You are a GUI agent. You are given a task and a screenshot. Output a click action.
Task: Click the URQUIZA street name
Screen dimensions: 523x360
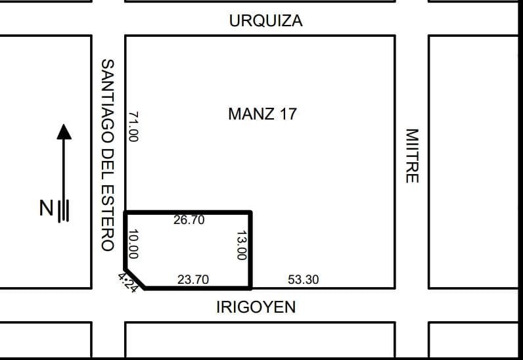pyautogui.click(x=266, y=20)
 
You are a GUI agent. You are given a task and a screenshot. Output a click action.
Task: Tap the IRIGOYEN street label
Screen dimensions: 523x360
pyautogui.click(x=256, y=307)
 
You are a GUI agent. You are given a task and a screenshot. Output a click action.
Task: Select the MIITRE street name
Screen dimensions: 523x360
pyautogui.click(x=412, y=156)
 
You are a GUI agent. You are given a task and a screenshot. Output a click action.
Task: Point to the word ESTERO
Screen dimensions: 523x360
pyautogui.click(x=108, y=221)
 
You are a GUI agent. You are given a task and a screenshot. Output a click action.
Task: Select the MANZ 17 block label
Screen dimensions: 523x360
pyautogui.click(x=263, y=114)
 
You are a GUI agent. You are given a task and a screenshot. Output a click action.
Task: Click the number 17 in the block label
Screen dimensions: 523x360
pyautogui.click(x=288, y=114)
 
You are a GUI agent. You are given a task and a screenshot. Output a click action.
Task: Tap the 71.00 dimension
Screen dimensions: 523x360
pyautogui.click(x=133, y=126)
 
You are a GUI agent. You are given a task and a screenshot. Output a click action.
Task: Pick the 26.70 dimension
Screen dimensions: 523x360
pyautogui.click(x=189, y=220)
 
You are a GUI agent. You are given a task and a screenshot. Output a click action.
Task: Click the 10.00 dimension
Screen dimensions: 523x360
pyautogui.click(x=133, y=244)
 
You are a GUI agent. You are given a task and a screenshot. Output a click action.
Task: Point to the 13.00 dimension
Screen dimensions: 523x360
pyautogui.click(x=242, y=245)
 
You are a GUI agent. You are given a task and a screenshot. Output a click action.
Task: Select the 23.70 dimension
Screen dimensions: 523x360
pyautogui.click(x=193, y=279)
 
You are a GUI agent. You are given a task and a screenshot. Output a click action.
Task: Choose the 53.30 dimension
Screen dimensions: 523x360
pyautogui.click(x=303, y=279)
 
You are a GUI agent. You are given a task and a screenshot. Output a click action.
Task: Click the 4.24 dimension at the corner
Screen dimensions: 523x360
pyautogui.click(x=127, y=282)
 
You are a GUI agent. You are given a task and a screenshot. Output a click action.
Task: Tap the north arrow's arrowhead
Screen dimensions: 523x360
pyautogui.click(x=64, y=132)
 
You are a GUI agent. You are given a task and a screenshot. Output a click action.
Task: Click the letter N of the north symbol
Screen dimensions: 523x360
pyautogui.click(x=46, y=208)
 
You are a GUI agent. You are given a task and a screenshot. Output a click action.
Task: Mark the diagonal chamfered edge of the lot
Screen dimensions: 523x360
pyautogui.click(x=135, y=279)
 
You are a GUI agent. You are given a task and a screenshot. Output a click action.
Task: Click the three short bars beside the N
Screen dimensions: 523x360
pyautogui.click(x=64, y=211)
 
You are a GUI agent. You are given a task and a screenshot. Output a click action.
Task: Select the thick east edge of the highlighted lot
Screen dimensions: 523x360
pyautogui.click(x=250, y=249)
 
